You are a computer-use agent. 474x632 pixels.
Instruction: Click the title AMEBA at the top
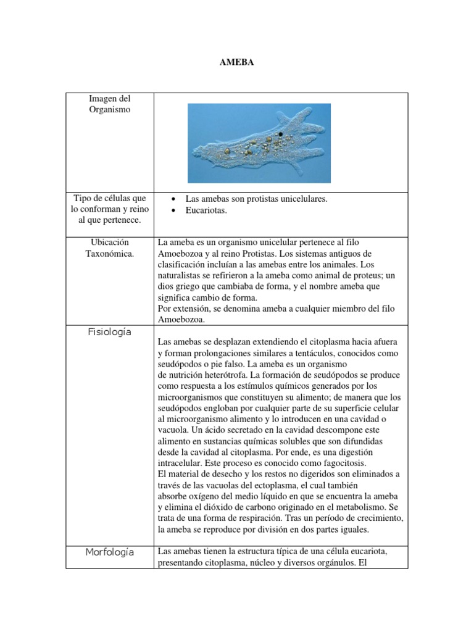pyautogui.click(x=236, y=64)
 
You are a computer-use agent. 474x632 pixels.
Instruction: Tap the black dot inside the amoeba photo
pyautogui.click(x=281, y=134)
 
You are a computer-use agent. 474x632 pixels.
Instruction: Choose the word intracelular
pyautogui.click(x=180, y=463)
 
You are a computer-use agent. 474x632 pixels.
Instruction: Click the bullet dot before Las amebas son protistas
pyautogui.click(x=175, y=200)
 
